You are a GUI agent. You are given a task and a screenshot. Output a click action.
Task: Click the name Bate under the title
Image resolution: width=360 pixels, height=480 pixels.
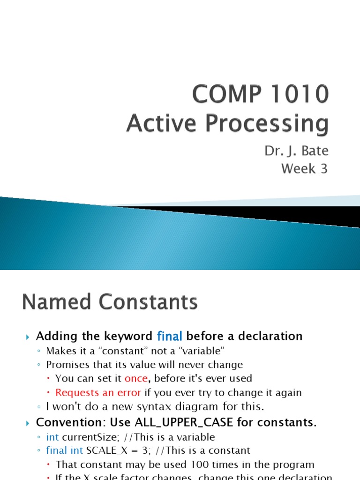[315, 151]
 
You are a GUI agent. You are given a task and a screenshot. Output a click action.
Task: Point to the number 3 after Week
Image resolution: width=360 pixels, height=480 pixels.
[324, 169]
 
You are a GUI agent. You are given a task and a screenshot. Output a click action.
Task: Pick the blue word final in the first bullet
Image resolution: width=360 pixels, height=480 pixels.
[170, 336]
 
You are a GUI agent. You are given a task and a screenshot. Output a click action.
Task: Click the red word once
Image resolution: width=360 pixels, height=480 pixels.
[136, 378]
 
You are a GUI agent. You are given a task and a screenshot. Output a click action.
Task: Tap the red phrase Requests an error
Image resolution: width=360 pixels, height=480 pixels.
[98, 392]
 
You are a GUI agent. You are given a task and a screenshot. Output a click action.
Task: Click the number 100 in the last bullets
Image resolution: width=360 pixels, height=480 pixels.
[199, 465]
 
